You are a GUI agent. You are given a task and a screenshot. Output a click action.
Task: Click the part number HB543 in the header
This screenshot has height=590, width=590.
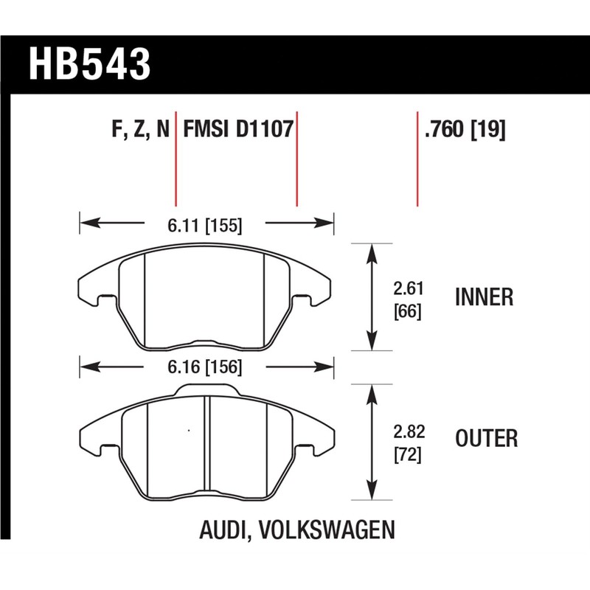click(x=89, y=64)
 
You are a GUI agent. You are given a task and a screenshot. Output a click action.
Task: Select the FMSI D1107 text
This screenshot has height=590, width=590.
click(x=237, y=131)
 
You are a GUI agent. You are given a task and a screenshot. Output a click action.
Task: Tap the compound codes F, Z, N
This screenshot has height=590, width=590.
click(x=141, y=131)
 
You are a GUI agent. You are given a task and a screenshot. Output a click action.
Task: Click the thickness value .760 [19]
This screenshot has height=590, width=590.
click(x=464, y=131)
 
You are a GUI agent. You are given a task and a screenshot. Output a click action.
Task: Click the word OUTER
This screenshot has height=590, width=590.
click(x=486, y=439)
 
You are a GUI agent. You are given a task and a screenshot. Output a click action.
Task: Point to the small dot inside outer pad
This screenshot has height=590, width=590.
click(x=190, y=430)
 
